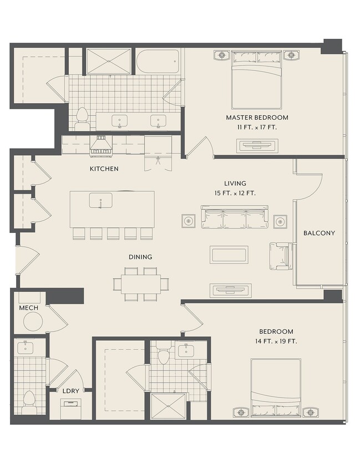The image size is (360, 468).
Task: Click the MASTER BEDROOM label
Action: tap(257, 118)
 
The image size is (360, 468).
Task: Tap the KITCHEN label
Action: tap(104, 169)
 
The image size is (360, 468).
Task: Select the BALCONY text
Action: tap(319, 233)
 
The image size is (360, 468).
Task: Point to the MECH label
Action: tap(29, 308)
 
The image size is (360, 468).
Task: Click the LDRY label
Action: tap(71, 391)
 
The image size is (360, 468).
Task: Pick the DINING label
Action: tap(140, 257)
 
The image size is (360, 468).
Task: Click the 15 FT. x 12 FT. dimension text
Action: tap(235, 193)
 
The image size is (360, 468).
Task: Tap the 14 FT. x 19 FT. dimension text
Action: tap(276, 341)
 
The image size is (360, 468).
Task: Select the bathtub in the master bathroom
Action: tap(158, 61)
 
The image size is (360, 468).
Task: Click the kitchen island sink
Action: tap(100, 200)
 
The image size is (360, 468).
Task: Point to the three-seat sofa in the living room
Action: tap(234, 217)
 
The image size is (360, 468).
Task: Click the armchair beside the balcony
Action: tap(281, 256)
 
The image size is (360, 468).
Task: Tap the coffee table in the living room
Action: tap(229, 255)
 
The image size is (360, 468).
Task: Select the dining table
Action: tap(140, 284)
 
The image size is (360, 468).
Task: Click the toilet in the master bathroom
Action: tap(82, 119)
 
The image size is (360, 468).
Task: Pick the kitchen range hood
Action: tap(102, 146)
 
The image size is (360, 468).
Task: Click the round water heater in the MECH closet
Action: tap(33, 322)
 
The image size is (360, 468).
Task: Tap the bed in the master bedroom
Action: tap(256, 79)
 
